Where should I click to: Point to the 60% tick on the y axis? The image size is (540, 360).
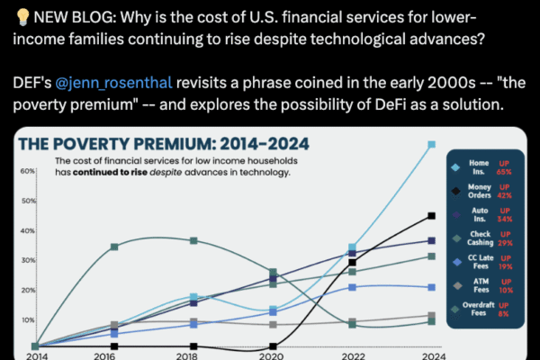(26, 170)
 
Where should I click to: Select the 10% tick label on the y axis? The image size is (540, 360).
(26, 319)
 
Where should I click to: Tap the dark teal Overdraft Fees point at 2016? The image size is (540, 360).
(112, 246)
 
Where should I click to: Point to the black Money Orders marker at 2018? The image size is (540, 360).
(193, 346)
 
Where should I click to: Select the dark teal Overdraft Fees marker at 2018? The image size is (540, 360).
(193, 240)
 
